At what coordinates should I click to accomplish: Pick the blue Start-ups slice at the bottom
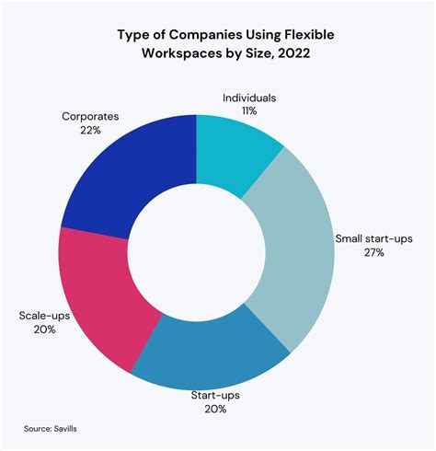tap(212, 353)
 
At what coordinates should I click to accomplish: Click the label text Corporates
tap(92, 116)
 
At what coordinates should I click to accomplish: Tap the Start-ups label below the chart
tap(214, 395)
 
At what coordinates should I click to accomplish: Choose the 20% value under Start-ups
tap(214, 411)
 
